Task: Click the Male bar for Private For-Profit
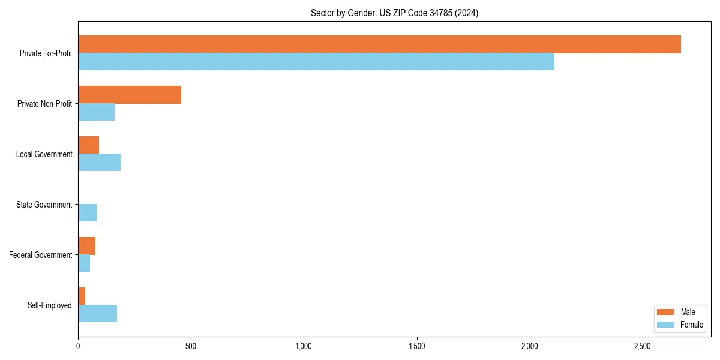pyautogui.click(x=379, y=44)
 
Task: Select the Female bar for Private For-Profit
pyautogui.click(x=316, y=62)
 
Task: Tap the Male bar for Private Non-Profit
pyautogui.click(x=130, y=95)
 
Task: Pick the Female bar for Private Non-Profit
pyautogui.click(x=96, y=112)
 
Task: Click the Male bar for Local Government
pyautogui.click(x=88, y=145)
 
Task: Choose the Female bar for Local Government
pyautogui.click(x=99, y=163)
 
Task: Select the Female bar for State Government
pyautogui.click(x=87, y=213)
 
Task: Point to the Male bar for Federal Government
pyautogui.click(x=86, y=246)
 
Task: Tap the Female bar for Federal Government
pyautogui.click(x=84, y=263)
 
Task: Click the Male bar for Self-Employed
pyautogui.click(x=82, y=296)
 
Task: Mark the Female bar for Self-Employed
pyautogui.click(x=97, y=314)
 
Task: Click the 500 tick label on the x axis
pyautogui.click(x=191, y=347)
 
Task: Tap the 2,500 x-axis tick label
pyautogui.click(x=642, y=347)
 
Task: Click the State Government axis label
pyautogui.click(x=44, y=205)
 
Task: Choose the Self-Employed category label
pyautogui.click(x=50, y=305)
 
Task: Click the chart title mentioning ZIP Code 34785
pyautogui.click(x=394, y=13)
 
